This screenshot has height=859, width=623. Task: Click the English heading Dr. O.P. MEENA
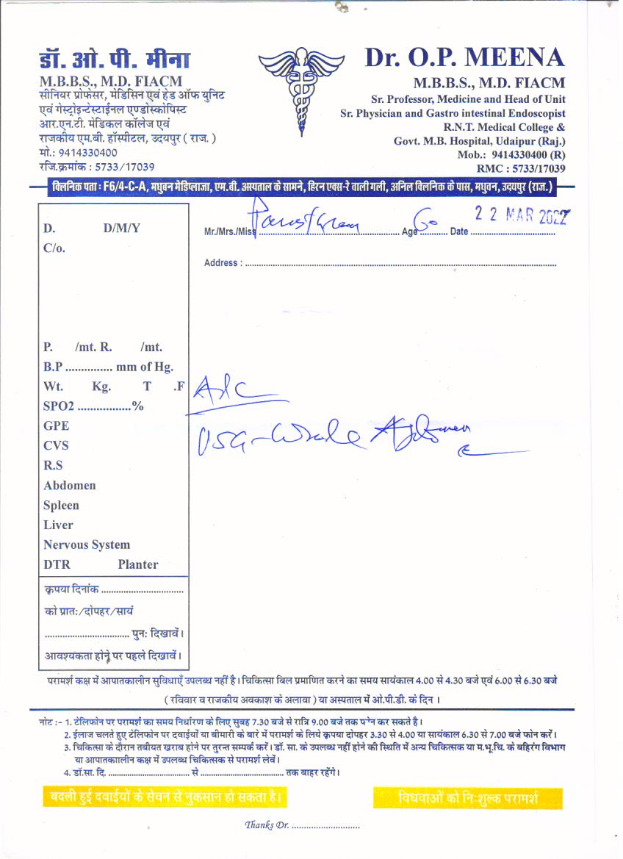pos(464,58)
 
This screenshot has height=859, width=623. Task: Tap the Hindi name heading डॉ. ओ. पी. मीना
pos(115,60)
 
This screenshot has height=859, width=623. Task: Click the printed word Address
pos(221,262)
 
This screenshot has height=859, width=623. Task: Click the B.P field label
pos(52,367)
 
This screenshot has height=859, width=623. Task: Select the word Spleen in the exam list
pos(61,506)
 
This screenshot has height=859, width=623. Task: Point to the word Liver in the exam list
pos(58,525)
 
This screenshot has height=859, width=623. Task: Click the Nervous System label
pos(87,545)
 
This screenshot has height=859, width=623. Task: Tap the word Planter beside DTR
pos(137,565)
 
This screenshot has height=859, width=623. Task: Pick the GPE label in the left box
pos(56,425)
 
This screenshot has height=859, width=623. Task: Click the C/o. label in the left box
pos(54,248)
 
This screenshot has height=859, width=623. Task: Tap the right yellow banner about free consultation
pos(468,798)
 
